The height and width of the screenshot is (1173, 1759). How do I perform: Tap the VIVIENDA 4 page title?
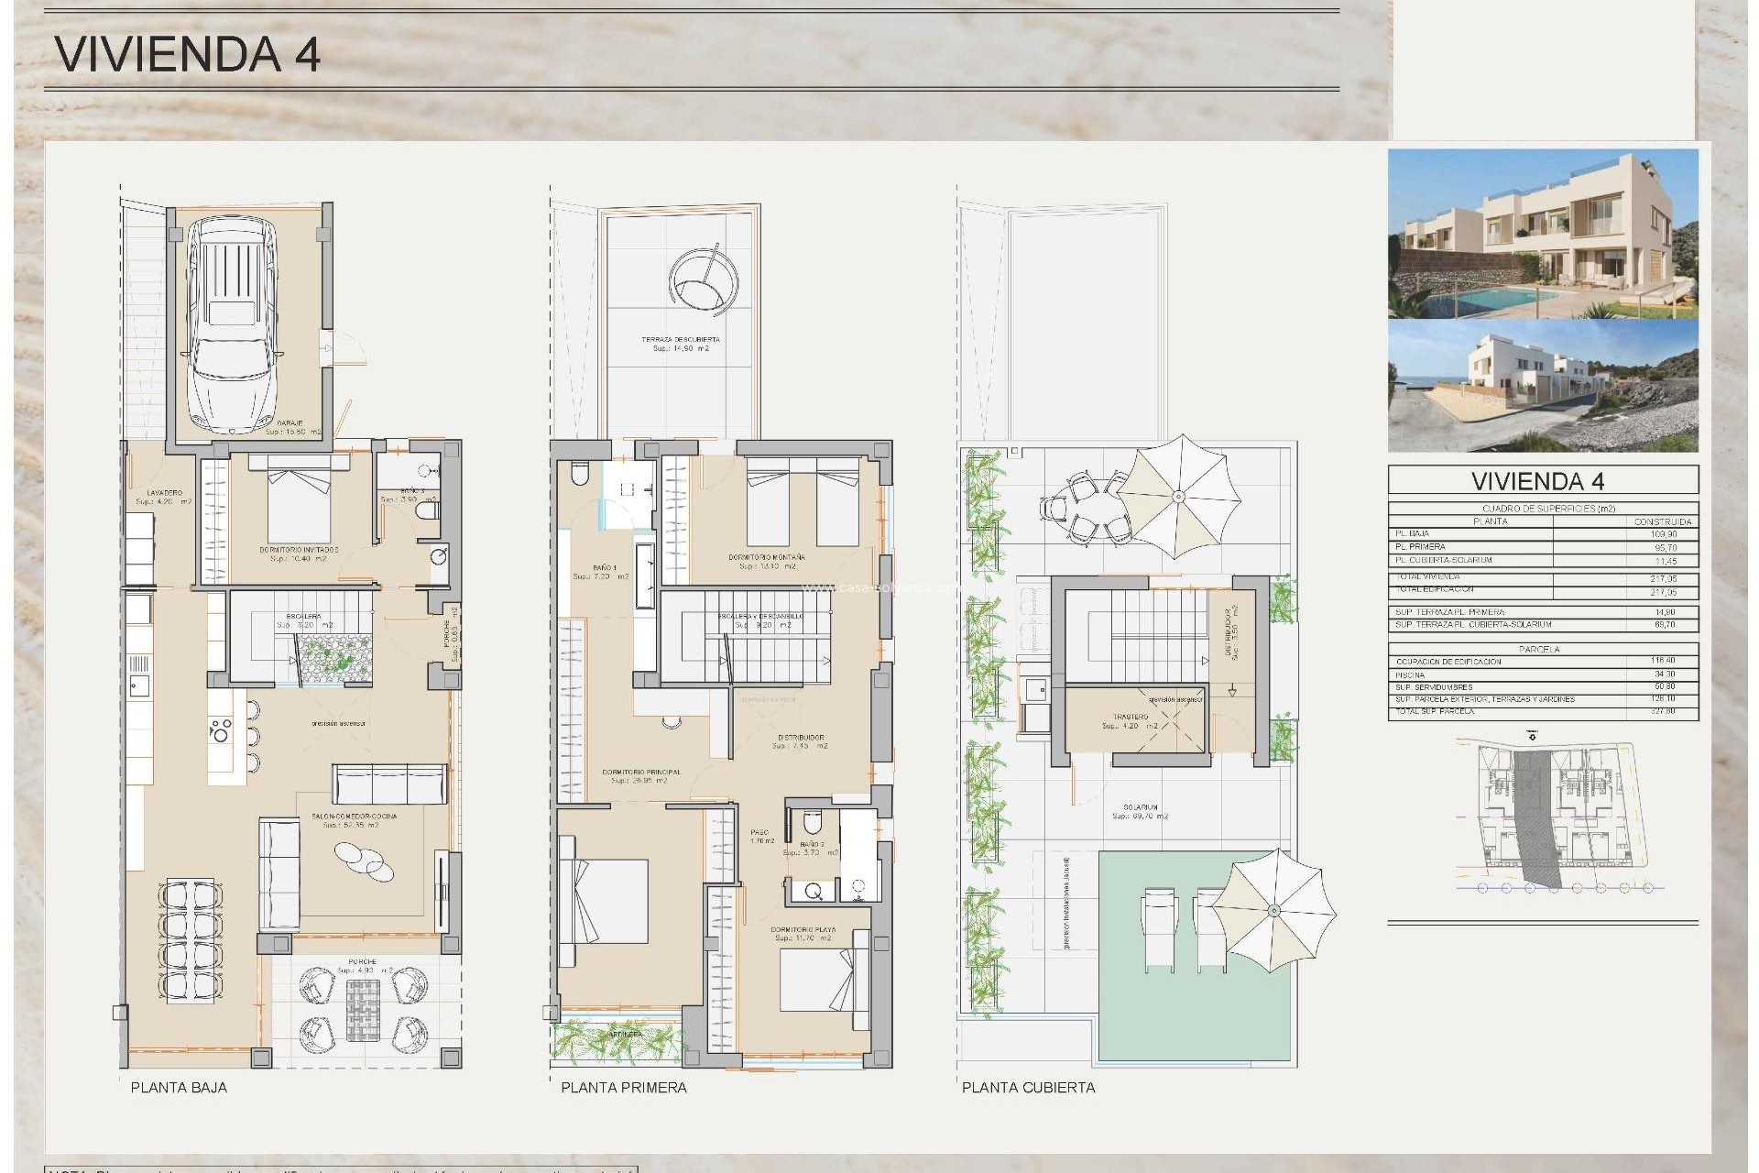pos(188,54)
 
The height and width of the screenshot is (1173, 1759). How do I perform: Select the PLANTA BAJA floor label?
pos(179,1088)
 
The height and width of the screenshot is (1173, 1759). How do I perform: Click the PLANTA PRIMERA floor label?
pos(623,1088)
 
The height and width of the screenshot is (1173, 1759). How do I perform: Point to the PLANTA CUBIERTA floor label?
pos(1028,1088)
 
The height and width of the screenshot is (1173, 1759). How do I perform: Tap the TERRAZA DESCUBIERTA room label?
pos(681,340)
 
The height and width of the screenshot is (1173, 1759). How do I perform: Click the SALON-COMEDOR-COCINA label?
pos(354,817)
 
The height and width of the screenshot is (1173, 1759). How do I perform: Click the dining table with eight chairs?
pos(191,938)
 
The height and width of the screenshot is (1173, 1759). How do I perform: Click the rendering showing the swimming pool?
pos(1542,234)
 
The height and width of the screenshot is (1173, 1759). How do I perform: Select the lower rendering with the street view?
pos(1542,385)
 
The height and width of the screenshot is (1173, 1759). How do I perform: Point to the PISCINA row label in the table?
pos(1410,674)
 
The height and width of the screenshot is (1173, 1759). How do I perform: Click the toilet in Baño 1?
pos(579,474)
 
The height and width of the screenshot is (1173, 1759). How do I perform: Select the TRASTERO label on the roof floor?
pos(1131,718)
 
